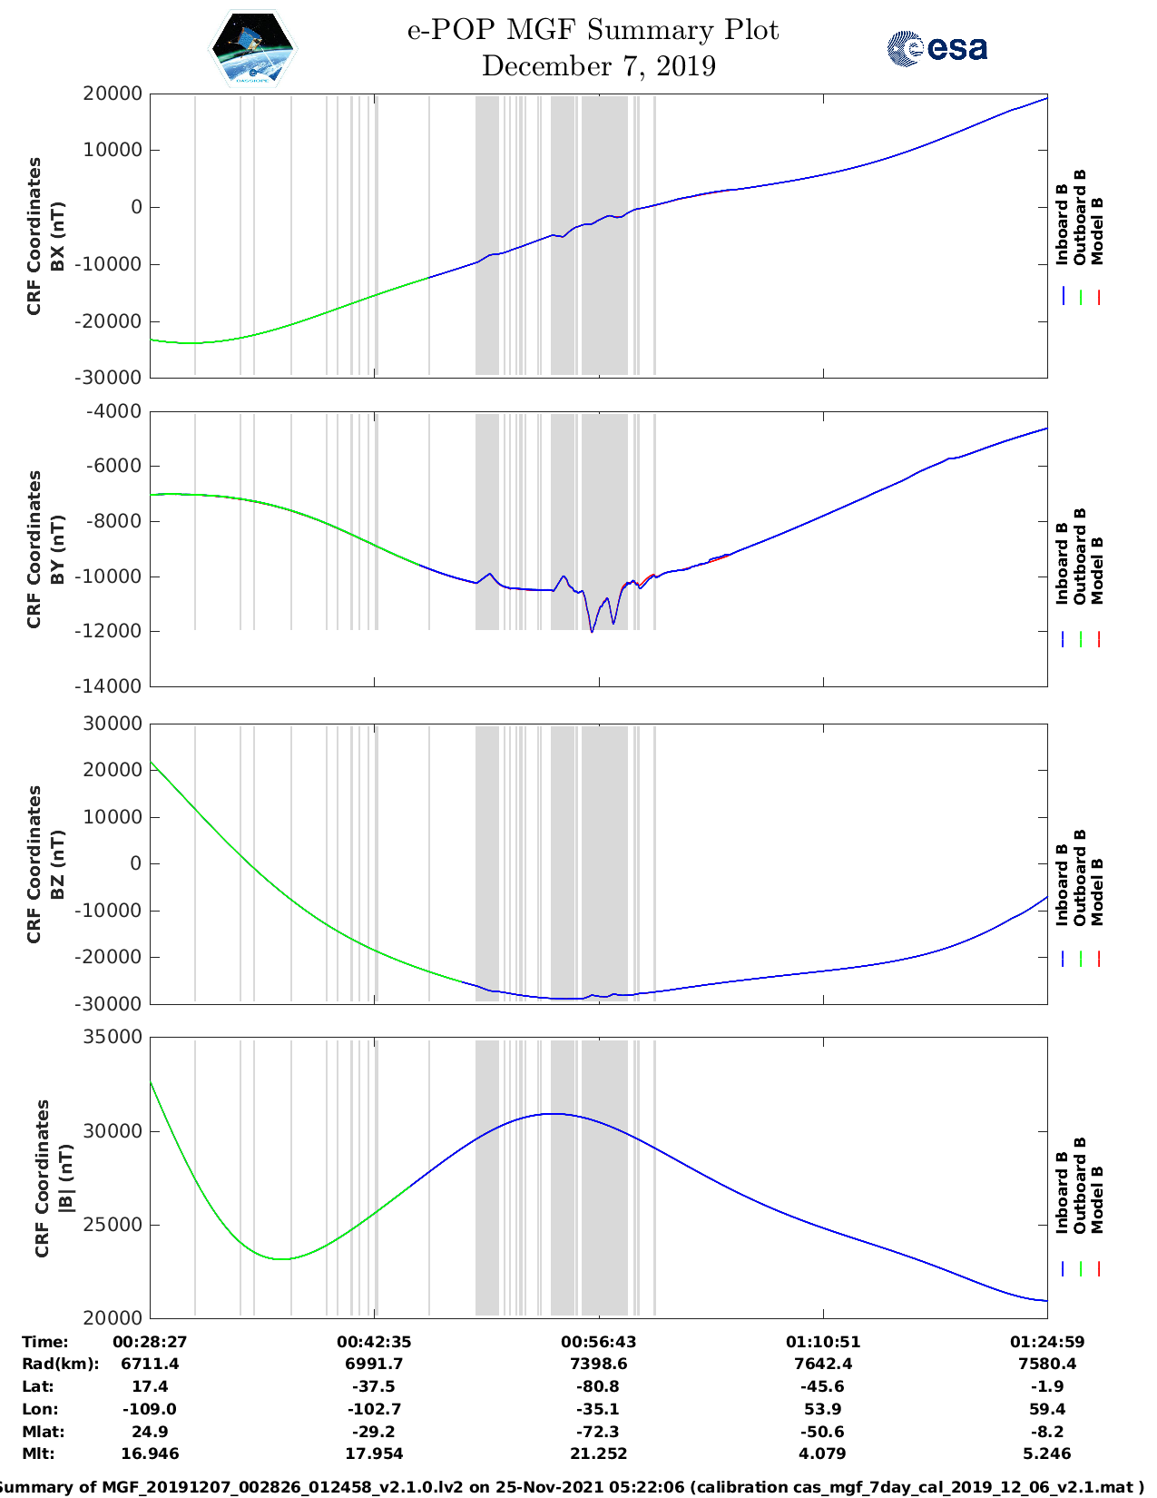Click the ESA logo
[936, 48]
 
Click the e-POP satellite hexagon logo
[252, 47]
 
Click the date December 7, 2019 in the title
[598, 66]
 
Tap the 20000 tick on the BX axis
[113, 94]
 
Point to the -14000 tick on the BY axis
[113, 686]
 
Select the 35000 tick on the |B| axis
[113, 1037]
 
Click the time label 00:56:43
[598, 1342]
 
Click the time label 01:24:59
[1046, 1342]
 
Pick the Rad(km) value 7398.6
[598, 1364]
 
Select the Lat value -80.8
[598, 1386]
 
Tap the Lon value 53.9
[823, 1409]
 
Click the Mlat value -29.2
[374, 1432]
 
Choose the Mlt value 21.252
[598, 1454]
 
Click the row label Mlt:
[38, 1454]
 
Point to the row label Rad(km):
[60, 1364]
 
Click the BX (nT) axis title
[57, 236]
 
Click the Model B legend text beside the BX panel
[1097, 231]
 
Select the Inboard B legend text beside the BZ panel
[1062, 885]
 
